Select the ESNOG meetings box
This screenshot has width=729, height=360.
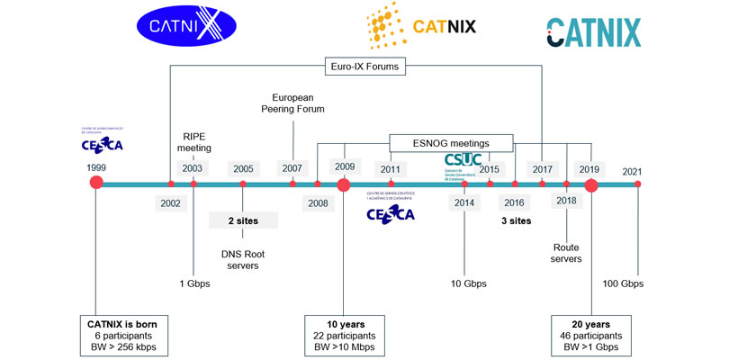tap(451, 142)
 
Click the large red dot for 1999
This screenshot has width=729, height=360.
tap(97, 184)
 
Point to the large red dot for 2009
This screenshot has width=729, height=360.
tap(343, 184)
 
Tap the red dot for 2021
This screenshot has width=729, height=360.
tap(637, 184)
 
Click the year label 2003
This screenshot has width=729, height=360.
tap(193, 167)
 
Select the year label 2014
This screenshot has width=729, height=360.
tap(464, 202)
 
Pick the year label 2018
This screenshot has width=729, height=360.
tap(566, 202)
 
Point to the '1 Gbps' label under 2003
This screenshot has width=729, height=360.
tap(193, 283)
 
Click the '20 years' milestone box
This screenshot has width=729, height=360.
tap(590, 336)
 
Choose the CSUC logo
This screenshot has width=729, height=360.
tap(463, 163)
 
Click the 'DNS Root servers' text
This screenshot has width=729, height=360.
tap(243, 259)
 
